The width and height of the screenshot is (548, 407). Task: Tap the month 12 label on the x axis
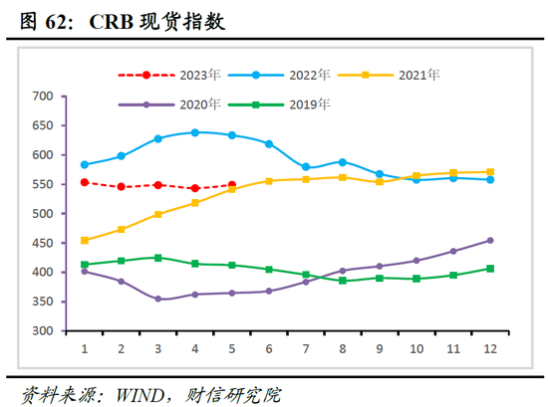[490, 349]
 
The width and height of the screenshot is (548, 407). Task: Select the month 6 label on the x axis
[269, 349]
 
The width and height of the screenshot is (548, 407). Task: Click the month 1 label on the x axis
[85, 349]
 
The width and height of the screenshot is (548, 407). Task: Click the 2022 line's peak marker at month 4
[195, 132]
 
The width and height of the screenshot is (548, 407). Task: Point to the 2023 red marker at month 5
[232, 185]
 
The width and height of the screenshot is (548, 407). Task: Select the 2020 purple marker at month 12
[490, 240]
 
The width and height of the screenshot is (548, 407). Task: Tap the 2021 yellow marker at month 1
[85, 241]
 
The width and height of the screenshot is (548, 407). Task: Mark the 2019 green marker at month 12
[490, 269]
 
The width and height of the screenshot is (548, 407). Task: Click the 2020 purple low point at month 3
[158, 299]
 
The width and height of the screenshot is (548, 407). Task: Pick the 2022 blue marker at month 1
[85, 165]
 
